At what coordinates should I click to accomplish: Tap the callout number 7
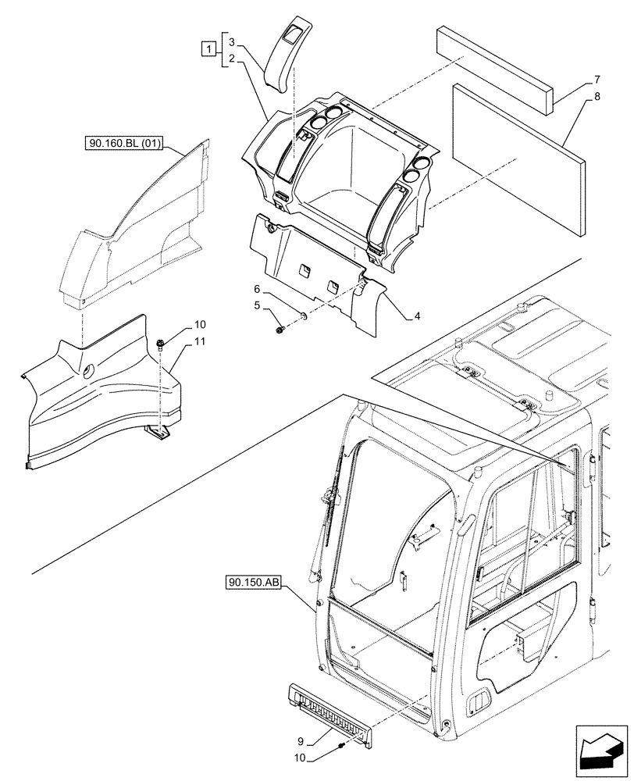[x=597, y=80]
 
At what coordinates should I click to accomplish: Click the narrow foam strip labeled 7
[x=495, y=68]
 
